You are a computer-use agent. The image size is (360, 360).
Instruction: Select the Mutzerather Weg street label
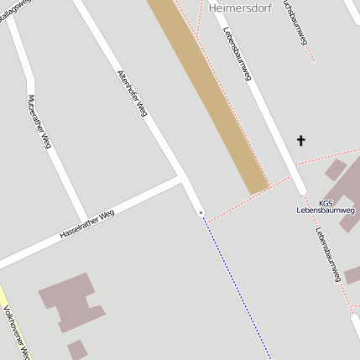39,122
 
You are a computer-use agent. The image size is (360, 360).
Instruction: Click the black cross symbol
301,140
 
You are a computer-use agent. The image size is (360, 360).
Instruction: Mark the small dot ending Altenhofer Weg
201,213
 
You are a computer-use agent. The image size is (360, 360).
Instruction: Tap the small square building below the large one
77,349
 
